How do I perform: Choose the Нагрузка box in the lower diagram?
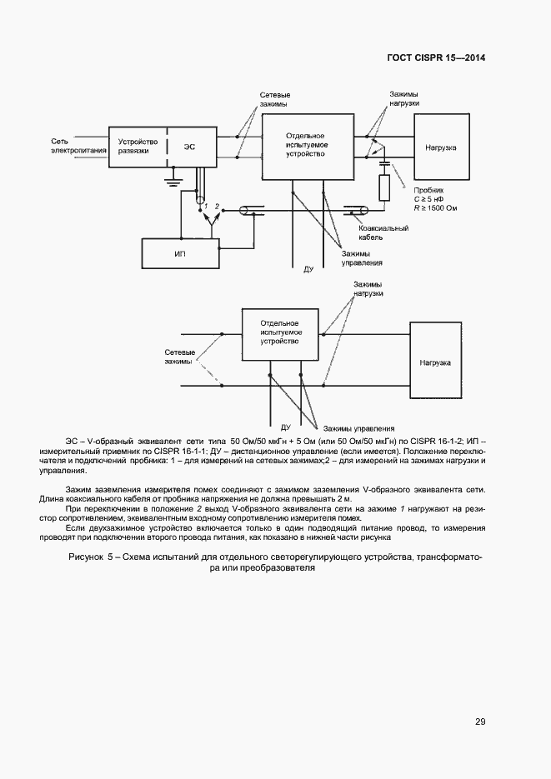click(435, 363)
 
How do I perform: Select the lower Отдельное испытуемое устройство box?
click(280, 332)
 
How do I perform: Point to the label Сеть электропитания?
click(78, 146)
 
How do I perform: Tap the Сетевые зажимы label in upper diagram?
click(274, 102)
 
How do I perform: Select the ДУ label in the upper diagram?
click(308, 270)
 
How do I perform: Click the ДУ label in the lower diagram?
click(286, 426)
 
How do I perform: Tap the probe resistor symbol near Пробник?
click(384, 190)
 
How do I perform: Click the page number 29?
click(480, 722)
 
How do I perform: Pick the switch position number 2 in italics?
click(217, 205)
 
